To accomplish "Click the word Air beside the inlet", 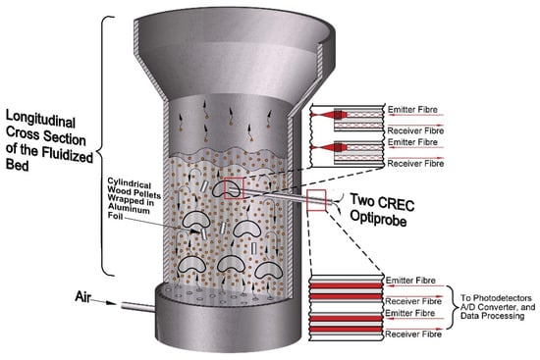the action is pyautogui.click(x=83, y=296).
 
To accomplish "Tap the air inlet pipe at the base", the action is pyautogui.click(x=138, y=306).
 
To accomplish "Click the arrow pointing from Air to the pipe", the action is pyautogui.click(x=105, y=302).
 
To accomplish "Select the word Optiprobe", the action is pyautogui.click(x=378, y=218).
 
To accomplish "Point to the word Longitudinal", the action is pyautogui.click(x=40, y=120).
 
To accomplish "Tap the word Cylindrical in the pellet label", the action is pyautogui.click(x=130, y=182).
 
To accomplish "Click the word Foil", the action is pyautogui.click(x=115, y=216).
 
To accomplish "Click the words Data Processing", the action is pyautogui.click(x=493, y=316).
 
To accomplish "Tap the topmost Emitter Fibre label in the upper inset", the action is pyautogui.click(x=412, y=110).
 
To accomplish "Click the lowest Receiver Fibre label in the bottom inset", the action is pyautogui.click(x=413, y=334).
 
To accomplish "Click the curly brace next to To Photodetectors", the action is pyautogui.click(x=453, y=307).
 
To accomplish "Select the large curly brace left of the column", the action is pyautogui.click(x=104, y=146).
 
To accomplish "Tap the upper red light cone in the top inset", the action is pyautogui.click(x=330, y=114).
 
